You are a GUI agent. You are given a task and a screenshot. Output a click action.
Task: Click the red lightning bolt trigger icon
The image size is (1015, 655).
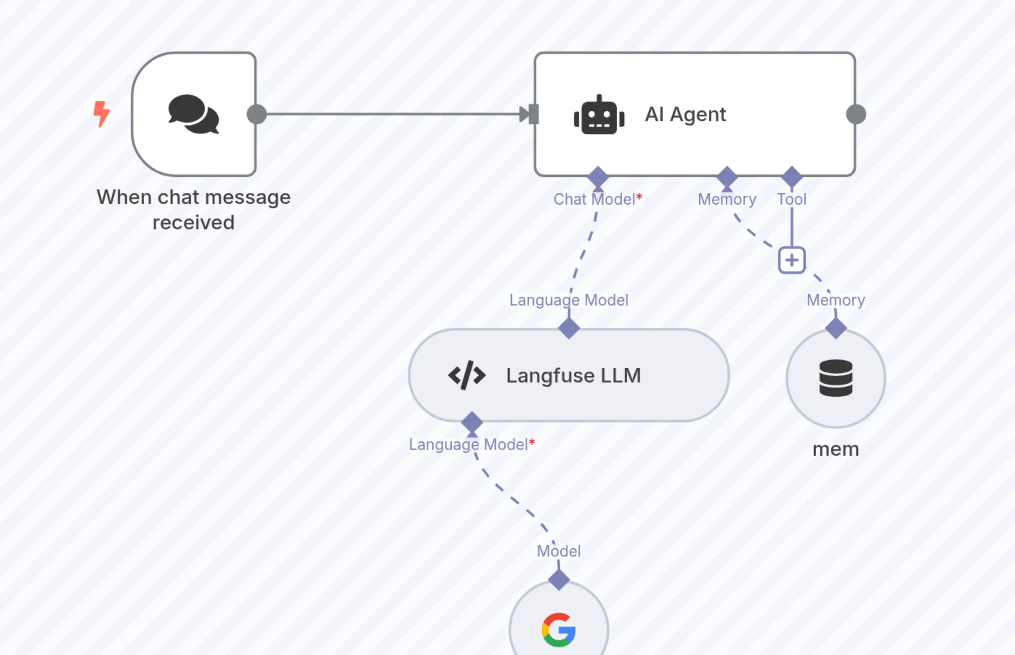(x=102, y=114)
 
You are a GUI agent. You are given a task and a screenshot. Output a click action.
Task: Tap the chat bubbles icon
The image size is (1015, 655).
(x=194, y=114)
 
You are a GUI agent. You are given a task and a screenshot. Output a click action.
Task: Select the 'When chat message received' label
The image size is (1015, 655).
(x=194, y=210)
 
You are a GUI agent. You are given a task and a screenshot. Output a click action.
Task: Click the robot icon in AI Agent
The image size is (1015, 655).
(x=599, y=115)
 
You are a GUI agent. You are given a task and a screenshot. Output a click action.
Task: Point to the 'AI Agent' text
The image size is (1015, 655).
(x=685, y=114)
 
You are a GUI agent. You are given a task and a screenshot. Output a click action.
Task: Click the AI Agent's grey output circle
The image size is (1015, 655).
(x=856, y=114)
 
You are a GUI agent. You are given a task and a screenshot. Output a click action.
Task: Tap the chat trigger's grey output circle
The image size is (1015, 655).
(x=257, y=114)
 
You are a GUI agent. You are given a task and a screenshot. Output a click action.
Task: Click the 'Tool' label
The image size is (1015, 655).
(x=792, y=199)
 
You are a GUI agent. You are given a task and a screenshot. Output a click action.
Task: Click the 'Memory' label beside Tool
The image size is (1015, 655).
(x=727, y=199)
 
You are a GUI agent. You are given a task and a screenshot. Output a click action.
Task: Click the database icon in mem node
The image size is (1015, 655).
(x=836, y=378)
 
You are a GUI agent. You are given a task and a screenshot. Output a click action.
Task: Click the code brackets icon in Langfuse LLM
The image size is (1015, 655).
(x=466, y=376)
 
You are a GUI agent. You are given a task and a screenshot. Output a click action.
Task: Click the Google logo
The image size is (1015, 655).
(x=559, y=630)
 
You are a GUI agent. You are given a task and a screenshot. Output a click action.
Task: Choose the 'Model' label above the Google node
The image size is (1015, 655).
(x=559, y=551)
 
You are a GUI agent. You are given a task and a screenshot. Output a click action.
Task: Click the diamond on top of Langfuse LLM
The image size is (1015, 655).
(x=569, y=328)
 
